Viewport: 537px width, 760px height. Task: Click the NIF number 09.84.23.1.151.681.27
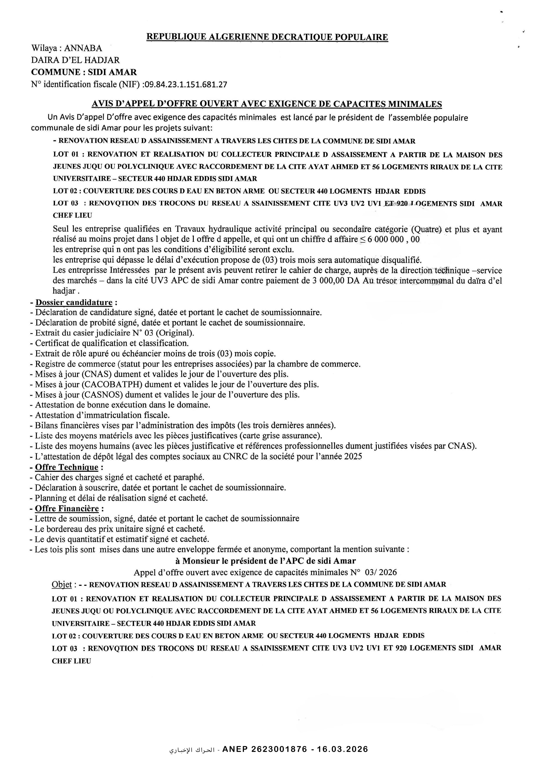186,84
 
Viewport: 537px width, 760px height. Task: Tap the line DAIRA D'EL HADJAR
75,60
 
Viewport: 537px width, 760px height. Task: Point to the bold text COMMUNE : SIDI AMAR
84,72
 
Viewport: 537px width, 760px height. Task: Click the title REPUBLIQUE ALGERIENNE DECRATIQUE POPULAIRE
267,37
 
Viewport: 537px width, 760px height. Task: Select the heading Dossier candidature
74,302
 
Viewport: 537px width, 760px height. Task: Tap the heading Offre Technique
66,467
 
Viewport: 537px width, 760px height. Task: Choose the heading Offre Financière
67,508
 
